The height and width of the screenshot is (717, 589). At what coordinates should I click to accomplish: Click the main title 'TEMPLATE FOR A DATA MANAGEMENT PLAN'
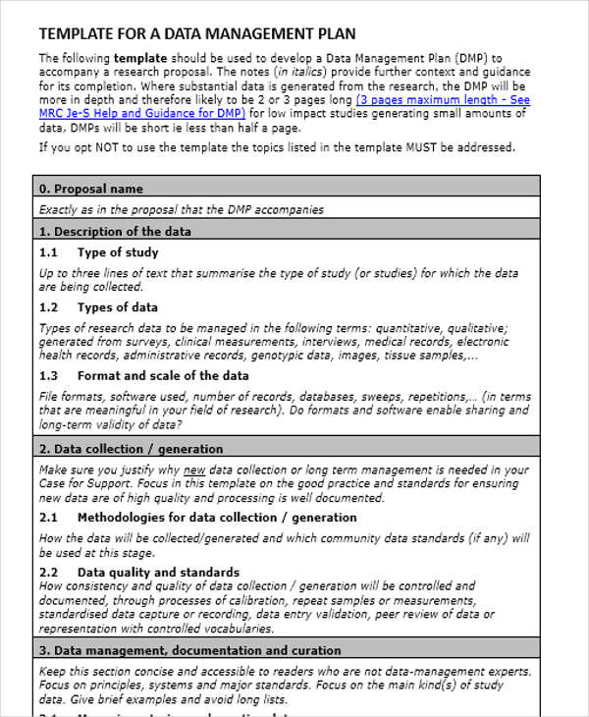[x=197, y=33]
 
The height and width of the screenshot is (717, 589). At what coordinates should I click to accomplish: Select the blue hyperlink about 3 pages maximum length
[x=442, y=100]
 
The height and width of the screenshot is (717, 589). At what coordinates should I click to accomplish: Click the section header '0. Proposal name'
[x=90, y=189]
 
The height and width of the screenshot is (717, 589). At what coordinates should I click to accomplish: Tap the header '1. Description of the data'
[x=115, y=232]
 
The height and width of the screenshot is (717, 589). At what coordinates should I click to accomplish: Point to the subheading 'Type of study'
[x=117, y=252]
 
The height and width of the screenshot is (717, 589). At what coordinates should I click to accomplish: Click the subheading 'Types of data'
[x=117, y=307]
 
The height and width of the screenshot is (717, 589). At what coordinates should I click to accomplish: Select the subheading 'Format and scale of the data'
[x=163, y=375]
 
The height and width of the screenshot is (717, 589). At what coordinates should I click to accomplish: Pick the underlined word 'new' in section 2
[x=195, y=469]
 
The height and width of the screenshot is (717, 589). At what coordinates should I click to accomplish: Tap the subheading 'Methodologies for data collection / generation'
[x=217, y=517]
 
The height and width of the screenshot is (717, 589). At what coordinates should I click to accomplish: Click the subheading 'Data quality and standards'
[x=158, y=572]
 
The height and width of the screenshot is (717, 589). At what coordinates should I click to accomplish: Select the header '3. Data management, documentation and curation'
[x=189, y=650]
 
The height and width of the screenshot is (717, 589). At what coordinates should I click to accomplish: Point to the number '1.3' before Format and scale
[x=49, y=375]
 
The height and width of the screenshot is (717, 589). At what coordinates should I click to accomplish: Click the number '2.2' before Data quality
[x=49, y=572]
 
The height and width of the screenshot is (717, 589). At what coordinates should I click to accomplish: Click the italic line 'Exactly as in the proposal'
[x=181, y=209]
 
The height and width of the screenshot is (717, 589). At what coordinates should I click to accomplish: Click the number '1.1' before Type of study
[x=49, y=252]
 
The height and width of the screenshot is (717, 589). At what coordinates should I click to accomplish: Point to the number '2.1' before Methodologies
[x=49, y=517]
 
